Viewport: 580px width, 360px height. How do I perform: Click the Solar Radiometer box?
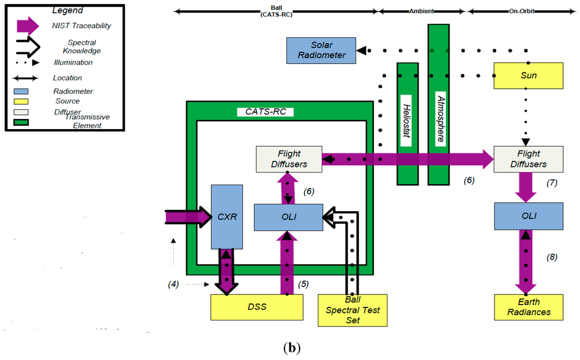coord(321,50)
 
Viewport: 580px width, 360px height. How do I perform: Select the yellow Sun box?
coord(528,75)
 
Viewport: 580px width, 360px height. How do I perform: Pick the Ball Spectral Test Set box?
coord(352,310)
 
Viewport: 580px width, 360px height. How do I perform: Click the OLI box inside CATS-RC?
coord(288,217)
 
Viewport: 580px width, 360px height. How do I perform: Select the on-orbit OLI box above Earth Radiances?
coord(528,216)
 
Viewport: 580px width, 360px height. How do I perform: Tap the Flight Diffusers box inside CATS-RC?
coord(289,159)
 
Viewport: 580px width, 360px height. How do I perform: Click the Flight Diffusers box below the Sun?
coord(528,159)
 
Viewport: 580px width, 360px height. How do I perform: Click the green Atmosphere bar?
coord(438,104)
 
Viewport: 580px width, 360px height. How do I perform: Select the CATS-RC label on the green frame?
coord(265,112)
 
